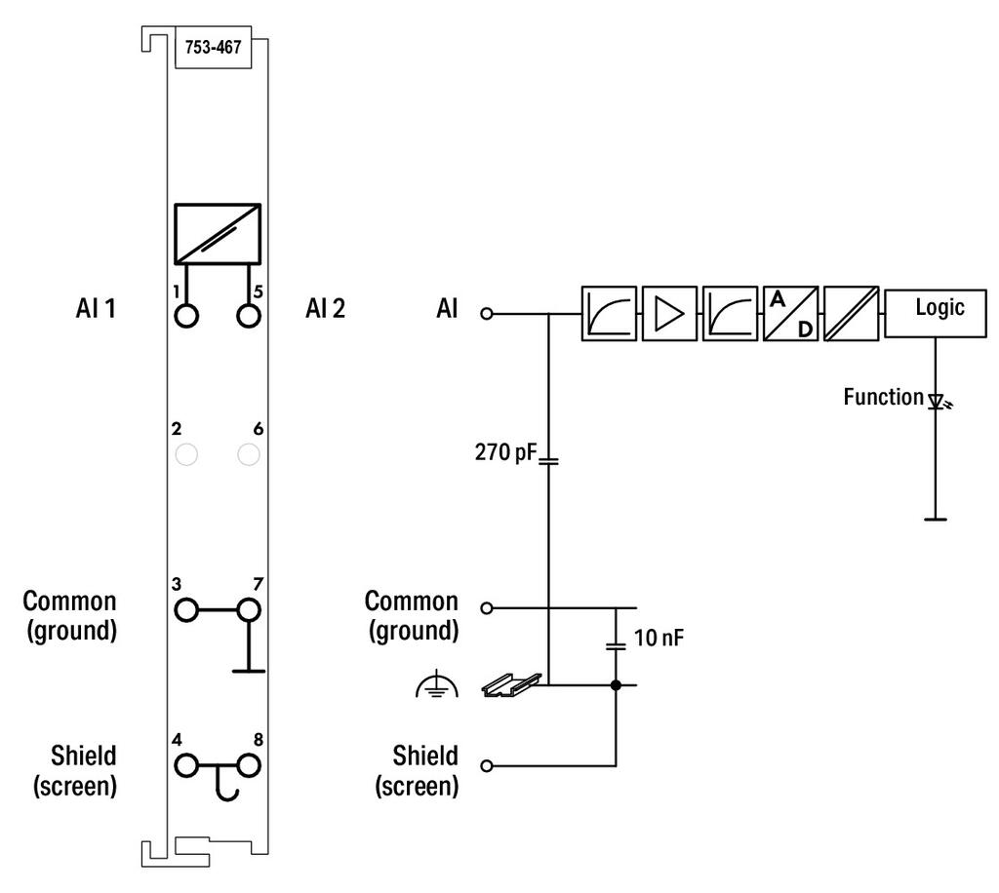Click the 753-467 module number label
(x=213, y=47)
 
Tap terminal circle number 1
(x=186, y=316)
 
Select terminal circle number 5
(x=249, y=316)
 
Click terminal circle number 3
(x=186, y=610)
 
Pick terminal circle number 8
(x=249, y=765)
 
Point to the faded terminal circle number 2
(x=186, y=454)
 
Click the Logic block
(x=936, y=312)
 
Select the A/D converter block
(x=790, y=313)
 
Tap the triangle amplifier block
(x=669, y=313)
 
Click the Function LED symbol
(x=938, y=402)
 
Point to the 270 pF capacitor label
(x=506, y=452)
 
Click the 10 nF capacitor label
(x=659, y=638)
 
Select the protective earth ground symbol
(x=436, y=683)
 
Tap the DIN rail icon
(x=511, y=685)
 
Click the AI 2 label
(x=325, y=309)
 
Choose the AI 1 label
(x=96, y=309)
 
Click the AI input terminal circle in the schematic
(x=487, y=313)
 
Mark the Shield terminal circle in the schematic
(x=487, y=765)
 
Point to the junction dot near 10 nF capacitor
(x=616, y=685)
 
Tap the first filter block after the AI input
(x=609, y=313)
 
